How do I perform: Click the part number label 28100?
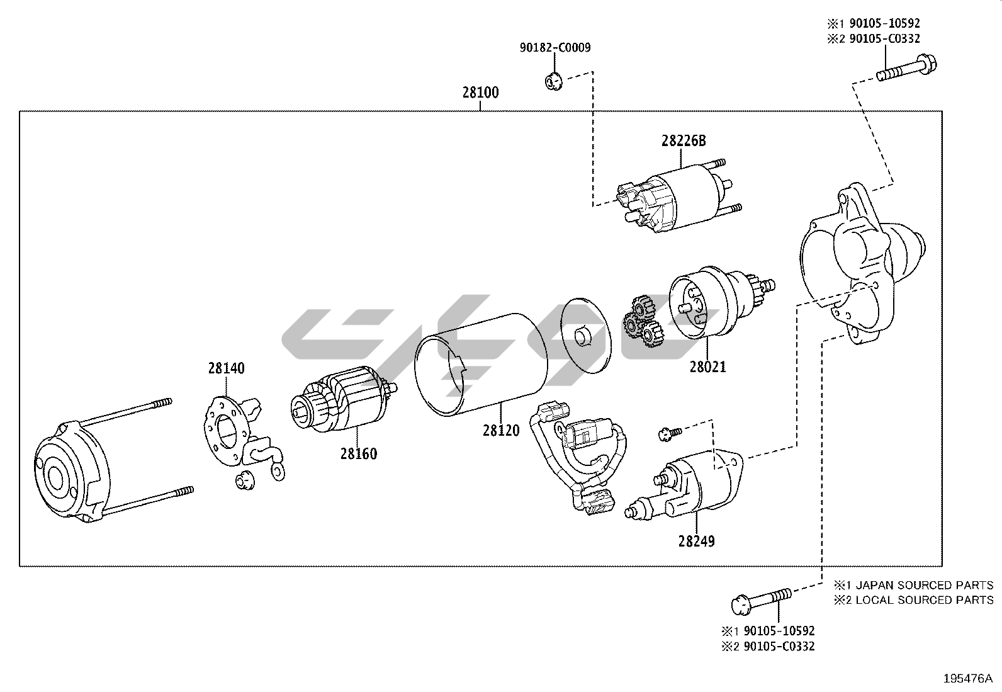coord(480,93)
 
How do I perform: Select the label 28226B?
coord(683,141)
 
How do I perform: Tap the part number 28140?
coord(227,368)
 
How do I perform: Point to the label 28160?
coord(359,453)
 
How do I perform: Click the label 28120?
coord(502,431)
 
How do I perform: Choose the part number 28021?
coord(707,366)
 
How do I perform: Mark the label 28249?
coord(697,541)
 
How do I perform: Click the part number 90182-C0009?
coord(555,47)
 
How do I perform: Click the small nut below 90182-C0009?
coord(552,81)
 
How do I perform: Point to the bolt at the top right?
coord(906,67)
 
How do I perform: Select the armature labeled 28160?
coord(340,403)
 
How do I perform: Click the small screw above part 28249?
coord(670,433)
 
